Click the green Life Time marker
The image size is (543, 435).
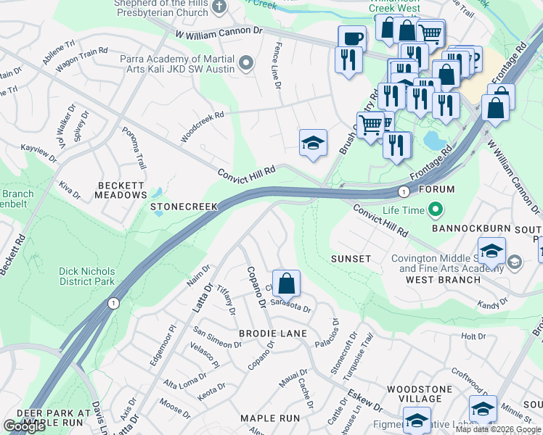point(436,211)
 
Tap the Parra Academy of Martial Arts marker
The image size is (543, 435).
point(246,63)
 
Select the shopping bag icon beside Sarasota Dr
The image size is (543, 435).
point(287,283)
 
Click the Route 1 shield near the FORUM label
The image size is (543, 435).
point(404,191)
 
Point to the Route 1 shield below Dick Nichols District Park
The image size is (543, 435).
point(113,302)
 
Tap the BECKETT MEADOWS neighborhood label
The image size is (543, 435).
point(121,190)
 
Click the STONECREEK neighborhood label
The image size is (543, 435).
point(184,207)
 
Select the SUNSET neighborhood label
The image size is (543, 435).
point(351,259)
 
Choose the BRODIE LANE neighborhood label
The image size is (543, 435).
point(273,333)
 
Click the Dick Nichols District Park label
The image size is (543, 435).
point(87,276)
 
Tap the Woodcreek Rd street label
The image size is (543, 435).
point(203,125)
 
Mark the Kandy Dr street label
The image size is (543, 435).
point(492,306)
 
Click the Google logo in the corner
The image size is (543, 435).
point(24,426)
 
